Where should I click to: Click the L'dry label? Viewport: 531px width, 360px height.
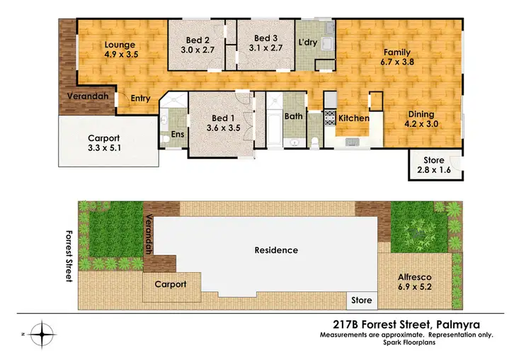pos(307,42)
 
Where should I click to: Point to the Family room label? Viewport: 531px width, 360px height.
pos(397,52)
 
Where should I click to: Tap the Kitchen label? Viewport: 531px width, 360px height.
pos(353,118)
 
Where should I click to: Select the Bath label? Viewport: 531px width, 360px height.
pos(293,116)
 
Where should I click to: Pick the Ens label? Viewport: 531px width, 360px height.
pos(177,133)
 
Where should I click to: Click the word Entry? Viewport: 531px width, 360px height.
pos(140,99)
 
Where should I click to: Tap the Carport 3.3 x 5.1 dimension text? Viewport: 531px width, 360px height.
pos(103,150)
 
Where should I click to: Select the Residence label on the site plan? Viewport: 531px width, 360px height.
pos(277,250)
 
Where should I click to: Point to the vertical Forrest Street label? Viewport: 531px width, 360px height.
pos(69,256)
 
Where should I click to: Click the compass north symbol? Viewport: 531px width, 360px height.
pos(44,332)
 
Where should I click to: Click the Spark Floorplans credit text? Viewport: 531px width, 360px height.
pos(406,342)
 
